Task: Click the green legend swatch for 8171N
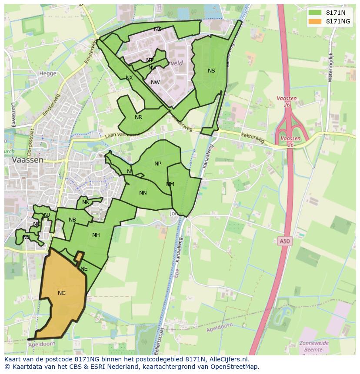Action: tap(314, 13)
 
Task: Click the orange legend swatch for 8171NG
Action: tap(314, 21)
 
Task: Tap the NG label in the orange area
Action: tap(62, 293)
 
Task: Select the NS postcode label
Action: tap(211, 71)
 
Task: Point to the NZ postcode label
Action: tap(157, 29)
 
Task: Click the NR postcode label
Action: tap(138, 117)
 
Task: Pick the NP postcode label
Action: tap(158, 164)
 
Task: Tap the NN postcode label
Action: tap(143, 193)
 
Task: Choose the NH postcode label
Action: tap(96, 235)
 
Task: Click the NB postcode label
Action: tap(72, 220)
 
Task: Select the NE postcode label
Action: tap(84, 269)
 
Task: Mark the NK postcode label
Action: tap(86, 202)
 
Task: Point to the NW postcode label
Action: tap(155, 83)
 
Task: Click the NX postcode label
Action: tap(129, 78)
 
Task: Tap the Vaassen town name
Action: tap(28, 160)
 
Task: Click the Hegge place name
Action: tap(48, 73)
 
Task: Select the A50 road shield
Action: tap(284, 241)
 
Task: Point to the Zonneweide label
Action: tap(314, 343)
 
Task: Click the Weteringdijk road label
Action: tap(330, 67)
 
